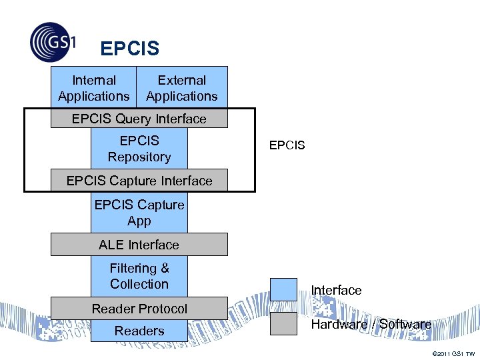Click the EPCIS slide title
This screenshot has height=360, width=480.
pyautogui.click(x=129, y=49)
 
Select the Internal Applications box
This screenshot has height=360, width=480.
pyautogui.click(x=94, y=87)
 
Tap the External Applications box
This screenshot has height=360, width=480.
pyautogui.click(x=182, y=87)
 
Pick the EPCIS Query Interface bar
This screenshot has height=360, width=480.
pyautogui.click(x=139, y=119)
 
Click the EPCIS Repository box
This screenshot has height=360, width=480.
pyautogui.click(x=139, y=148)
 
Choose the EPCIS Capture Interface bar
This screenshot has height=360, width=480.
pyautogui.click(x=139, y=181)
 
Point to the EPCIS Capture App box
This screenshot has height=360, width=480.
pyautogui.click(x=139, y=212)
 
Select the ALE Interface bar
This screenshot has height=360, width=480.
pyautogui.click(x=139, y=245)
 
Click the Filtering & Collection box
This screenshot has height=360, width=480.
pyautogui.click(x=139, y=276)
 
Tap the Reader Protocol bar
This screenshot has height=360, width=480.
pyautogui.click(x=139, y=309)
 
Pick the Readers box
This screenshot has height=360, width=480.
pyautogui.click(x=139, y=331)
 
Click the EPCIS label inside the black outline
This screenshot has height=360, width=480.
pyautogui.click(x=287, y=145)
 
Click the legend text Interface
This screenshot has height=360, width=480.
pyautogui.click(x=336, y=290)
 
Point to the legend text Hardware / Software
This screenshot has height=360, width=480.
pyautogui.click(x=371, y=324)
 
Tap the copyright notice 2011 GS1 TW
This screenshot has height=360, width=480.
pyautogui.click(x=453, y=353)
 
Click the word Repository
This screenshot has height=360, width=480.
pyautogui.click(x=139, y=157)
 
